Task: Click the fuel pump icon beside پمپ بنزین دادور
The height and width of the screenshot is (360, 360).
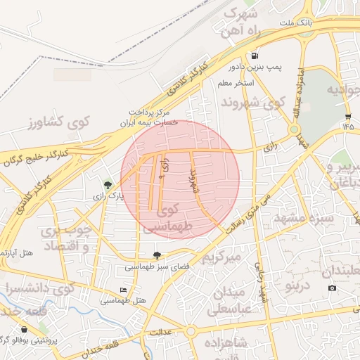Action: [x=254, y=56]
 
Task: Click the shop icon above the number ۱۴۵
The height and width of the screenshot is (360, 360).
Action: [x=347, y=116]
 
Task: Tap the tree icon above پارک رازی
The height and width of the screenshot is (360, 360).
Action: [x=107, y=185]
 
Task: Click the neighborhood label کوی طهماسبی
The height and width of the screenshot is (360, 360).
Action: [x=166, y=219]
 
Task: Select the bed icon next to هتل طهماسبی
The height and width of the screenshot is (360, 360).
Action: [x=124, y=290]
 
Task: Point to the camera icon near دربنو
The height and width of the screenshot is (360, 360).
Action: [x=332, y=288]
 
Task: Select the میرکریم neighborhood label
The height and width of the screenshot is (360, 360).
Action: [x=221, y=257]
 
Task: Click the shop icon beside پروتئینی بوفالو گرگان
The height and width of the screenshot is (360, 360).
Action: [x=25, y=329]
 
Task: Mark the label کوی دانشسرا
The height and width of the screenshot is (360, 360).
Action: [x=39, y=288]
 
